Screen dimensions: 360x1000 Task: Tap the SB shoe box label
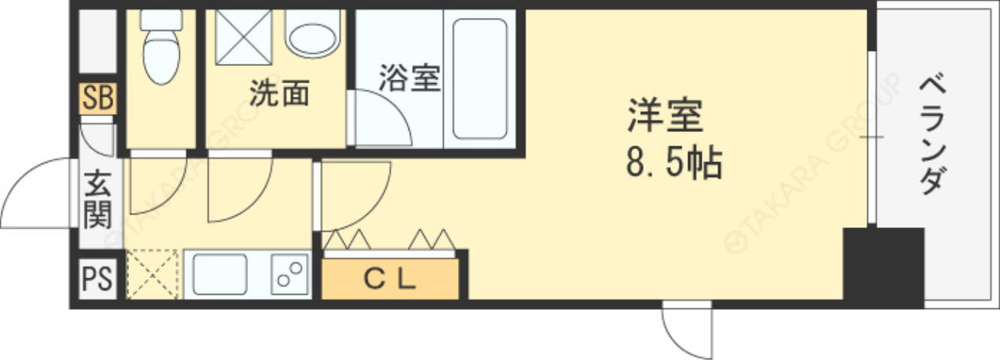point(98,99)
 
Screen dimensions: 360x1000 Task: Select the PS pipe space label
point(97,278)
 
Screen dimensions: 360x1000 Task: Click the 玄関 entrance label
point(97,199)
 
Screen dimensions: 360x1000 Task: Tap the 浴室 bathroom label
point(409,77)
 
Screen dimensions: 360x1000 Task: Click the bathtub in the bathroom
point(480,79)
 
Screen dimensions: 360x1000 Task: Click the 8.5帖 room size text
point(673,163)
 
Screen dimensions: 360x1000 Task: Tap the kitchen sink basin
point(220,274)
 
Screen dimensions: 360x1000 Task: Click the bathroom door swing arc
point(382,118)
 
